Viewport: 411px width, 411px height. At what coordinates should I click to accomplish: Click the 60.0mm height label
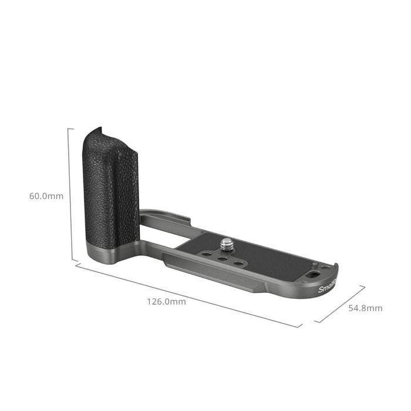[x=46, y=196]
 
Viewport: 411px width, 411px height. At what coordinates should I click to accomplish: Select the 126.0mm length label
[x=166, y=302]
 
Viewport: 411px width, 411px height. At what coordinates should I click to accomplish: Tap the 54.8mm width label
[x=365, y=308]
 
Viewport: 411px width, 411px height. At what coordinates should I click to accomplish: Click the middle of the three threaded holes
[x=223, y=258]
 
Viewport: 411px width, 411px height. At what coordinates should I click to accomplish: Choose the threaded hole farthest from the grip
[x=238, y=263]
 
